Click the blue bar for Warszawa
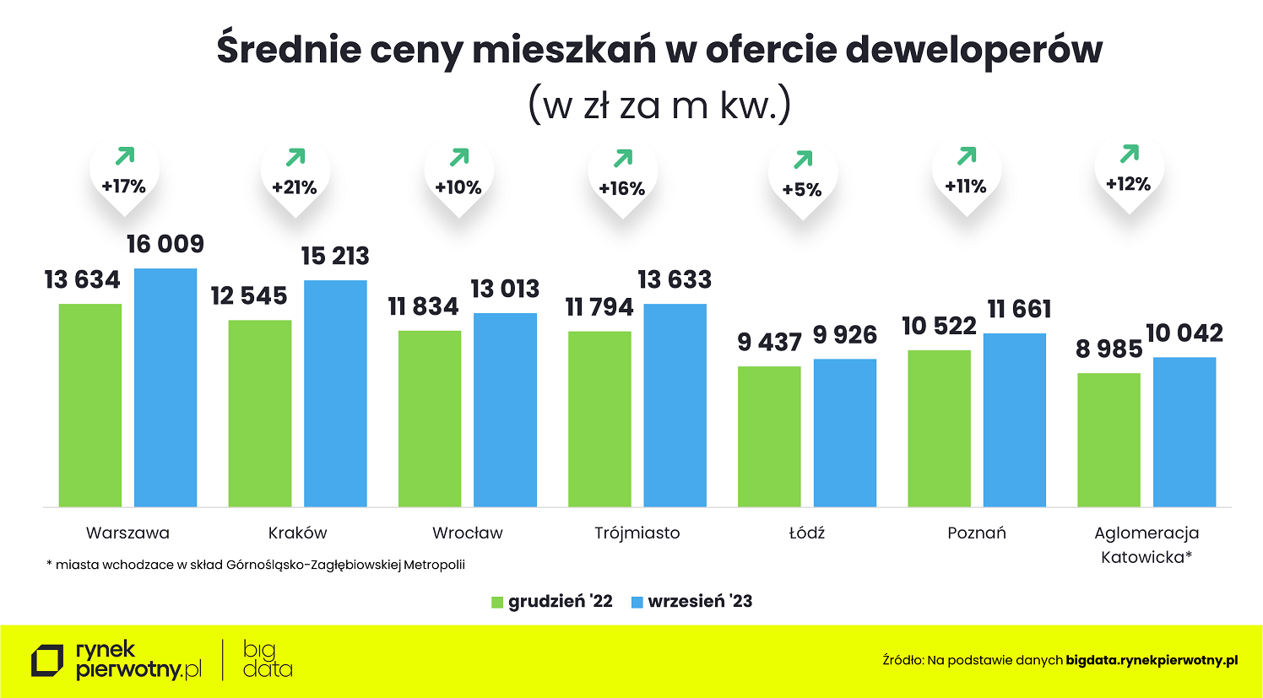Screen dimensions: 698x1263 165,387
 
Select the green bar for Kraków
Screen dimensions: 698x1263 260,413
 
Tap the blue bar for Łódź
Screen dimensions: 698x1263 844,432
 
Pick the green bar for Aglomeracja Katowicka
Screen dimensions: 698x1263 1109,439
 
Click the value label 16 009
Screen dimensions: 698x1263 165,245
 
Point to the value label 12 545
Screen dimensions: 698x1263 249,296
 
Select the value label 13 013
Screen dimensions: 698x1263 505,289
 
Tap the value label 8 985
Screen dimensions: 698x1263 1109,349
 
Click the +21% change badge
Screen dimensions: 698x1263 295,187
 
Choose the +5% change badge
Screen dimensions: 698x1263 802,190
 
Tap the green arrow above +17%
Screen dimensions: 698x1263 124,156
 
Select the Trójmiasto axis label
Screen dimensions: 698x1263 637,533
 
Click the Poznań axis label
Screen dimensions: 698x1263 977,533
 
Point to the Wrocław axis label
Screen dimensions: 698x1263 467,533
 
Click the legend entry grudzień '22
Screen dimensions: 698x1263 553,602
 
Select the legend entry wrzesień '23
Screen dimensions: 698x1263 692,602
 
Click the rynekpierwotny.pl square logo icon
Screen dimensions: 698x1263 47,661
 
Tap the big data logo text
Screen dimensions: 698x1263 267,660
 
